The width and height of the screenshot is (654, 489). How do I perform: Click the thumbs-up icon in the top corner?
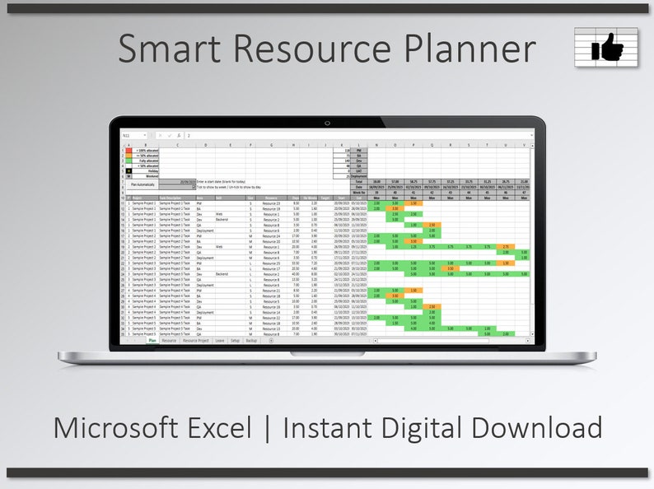(606, 48)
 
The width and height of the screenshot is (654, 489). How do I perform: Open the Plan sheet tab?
(152, 340)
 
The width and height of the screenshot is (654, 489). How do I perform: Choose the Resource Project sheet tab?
(195, 340)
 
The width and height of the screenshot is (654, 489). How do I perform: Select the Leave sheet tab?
(219, 340)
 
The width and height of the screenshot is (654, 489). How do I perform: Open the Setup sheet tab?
(235, 340)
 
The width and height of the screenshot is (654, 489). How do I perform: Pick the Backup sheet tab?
(252, 340)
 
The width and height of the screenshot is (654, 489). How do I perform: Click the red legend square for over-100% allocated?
(128, 150)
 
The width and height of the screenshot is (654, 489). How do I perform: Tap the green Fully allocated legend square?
(128, 161)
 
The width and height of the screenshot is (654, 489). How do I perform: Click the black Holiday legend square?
(128, 170)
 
